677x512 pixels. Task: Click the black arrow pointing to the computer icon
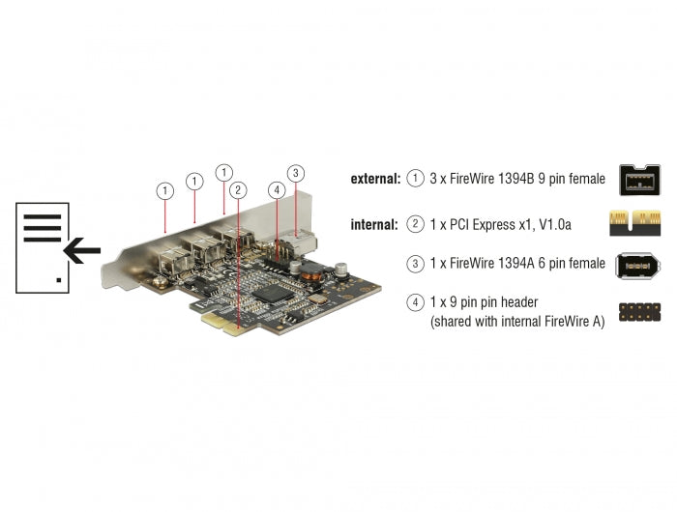(82, 252)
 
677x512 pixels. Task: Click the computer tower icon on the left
(43, 247)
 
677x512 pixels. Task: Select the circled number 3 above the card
(297, 174)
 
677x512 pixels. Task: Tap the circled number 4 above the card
(277, 190)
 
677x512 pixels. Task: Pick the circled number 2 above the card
(238, 190)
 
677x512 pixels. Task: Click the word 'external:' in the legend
(373, 179)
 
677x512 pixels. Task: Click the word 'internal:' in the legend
(373, 224)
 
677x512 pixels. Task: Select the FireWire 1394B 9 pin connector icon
(639, 180)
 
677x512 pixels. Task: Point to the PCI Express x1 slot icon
(639, 223)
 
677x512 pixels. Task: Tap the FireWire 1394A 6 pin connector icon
(639, 264)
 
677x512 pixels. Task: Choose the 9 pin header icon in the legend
(639, 312)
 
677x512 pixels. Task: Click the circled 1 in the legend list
(416, 179)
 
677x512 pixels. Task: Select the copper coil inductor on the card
(310, 273)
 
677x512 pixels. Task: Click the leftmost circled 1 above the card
(165, 191)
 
